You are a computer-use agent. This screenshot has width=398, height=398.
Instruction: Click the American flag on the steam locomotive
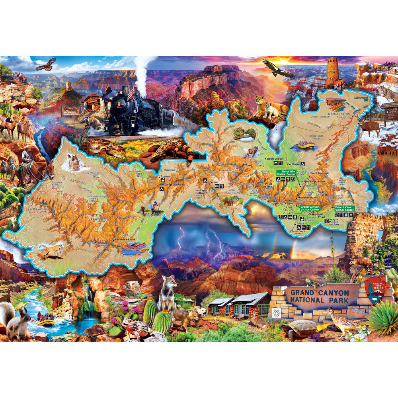[x=131, y=93]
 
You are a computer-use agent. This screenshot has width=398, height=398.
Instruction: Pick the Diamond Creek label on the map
[x=125, y=240]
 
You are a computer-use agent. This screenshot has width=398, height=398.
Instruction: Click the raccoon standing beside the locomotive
[x=93, y=122]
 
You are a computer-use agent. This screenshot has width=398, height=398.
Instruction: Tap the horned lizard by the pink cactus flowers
[x=135, y=329]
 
